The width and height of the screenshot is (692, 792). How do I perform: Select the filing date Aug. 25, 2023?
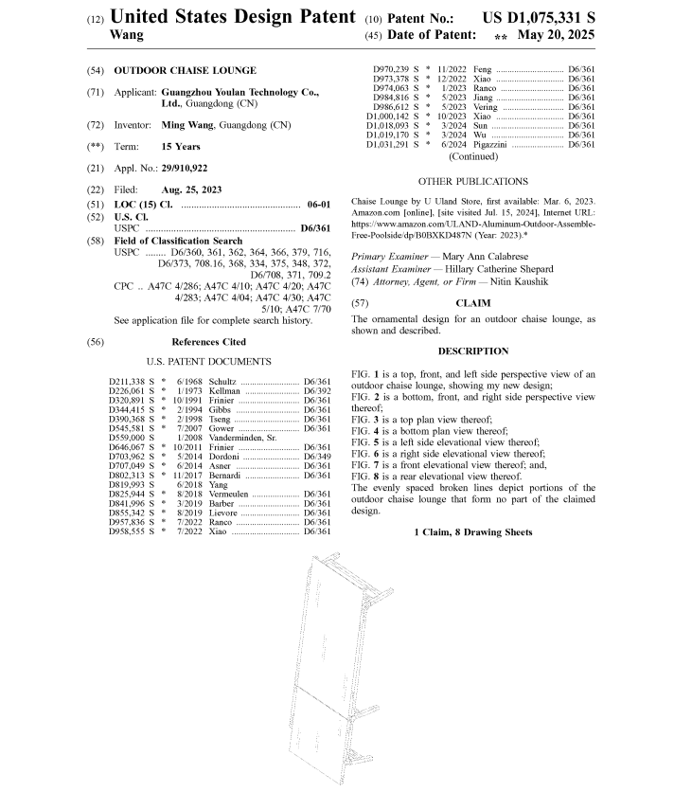click(191, 189)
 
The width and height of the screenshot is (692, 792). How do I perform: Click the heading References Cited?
click(208, 342)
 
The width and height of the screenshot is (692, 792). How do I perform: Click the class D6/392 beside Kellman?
click(316, 389)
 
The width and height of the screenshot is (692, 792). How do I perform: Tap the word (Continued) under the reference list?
click(473, 157)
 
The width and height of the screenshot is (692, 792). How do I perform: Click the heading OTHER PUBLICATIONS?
click(472, 181)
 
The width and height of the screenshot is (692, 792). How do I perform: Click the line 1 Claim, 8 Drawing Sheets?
click(472, 531)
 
